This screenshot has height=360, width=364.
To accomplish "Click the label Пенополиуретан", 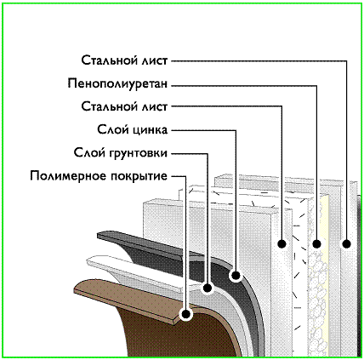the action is click(x=117, y=84).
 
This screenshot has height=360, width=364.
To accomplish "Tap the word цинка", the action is click(x=151, y=130).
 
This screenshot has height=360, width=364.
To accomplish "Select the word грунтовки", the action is click(x=139, y=153).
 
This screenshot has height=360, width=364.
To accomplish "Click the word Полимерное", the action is click(x=67, y=176).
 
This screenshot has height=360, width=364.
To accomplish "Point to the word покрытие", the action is click(x=139, y=176).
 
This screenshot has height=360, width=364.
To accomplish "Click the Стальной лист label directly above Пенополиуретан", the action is click(x=124, y=60).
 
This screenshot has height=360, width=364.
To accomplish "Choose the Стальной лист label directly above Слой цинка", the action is click(x=124, y=107).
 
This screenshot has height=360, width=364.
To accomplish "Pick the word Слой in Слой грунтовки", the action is click(x=89, y=153).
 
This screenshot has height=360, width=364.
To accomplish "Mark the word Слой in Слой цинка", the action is click(x=113, y=129).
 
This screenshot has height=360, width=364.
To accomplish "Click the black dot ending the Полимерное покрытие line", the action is click(x=186, y=314).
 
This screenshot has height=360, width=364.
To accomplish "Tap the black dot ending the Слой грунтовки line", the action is click(x=208, y=289).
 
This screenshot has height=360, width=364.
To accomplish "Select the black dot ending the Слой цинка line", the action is click(x=236, y=276).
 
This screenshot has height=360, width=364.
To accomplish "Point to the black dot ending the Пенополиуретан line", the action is click(x=316, y=243).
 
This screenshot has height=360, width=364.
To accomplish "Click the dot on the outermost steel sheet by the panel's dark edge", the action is click(x=346, y=243).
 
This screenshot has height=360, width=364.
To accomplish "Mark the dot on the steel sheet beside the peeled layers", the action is click(x=282, y=243).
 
